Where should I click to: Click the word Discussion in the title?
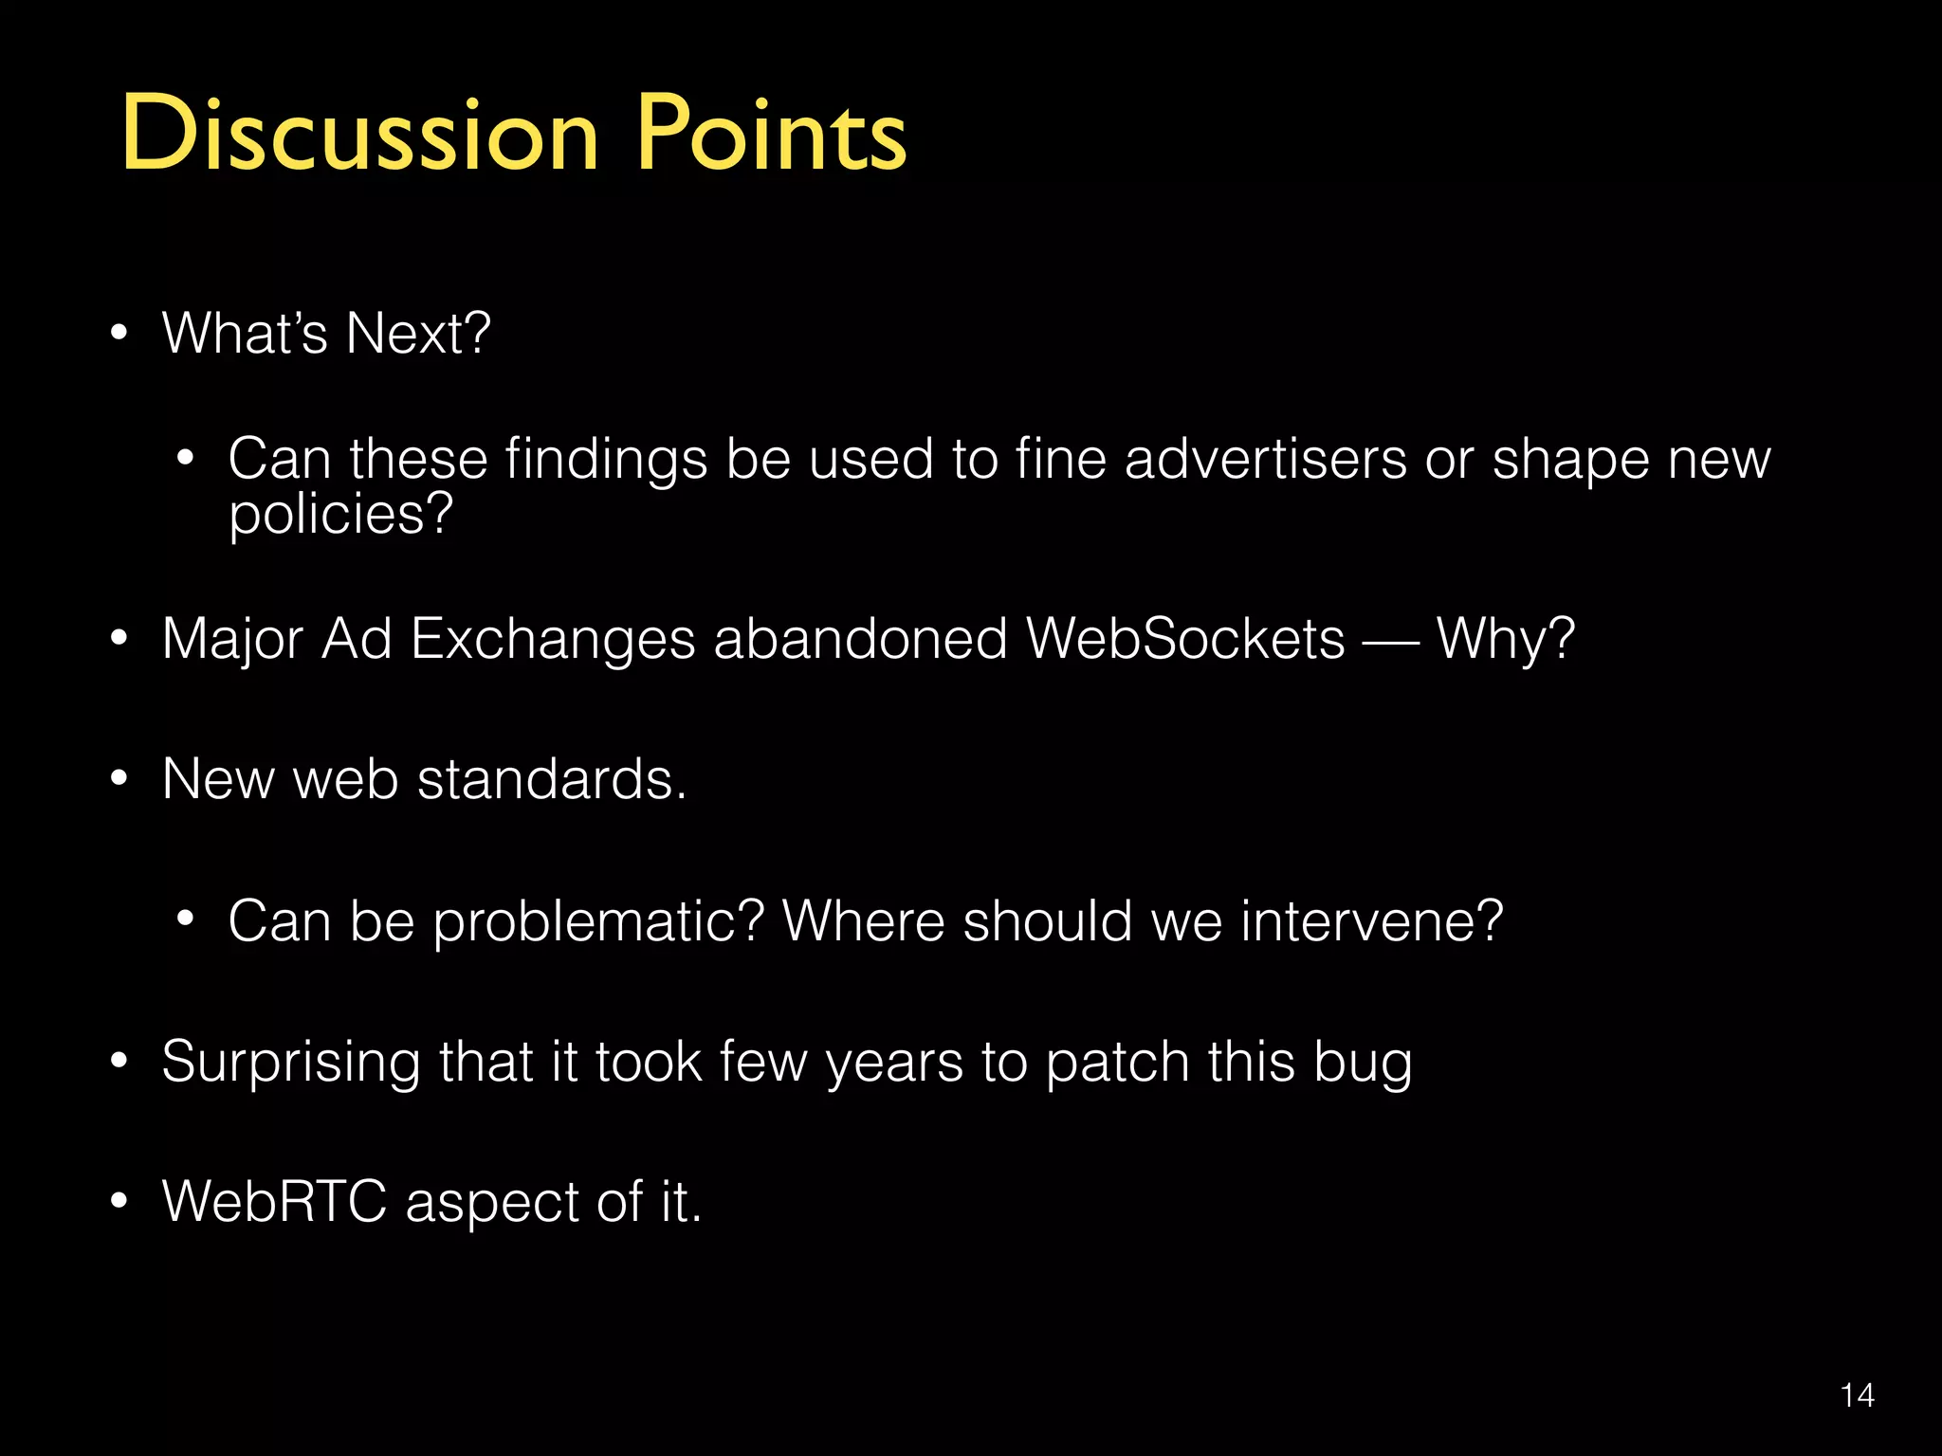point(360,134)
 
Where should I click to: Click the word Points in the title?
point(771,134)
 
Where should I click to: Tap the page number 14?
point(1857,1395)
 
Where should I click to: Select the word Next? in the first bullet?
point(418,334)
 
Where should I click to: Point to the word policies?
point(341,515)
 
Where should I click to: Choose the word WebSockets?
point(1185,639)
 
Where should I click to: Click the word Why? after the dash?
point(1505,639)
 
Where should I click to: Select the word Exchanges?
point(553,639)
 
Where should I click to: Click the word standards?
point(552,779)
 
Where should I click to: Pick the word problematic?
point(598,921)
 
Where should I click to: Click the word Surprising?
point(291,1063)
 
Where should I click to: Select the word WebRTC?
point(274,1202)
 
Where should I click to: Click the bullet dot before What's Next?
point(119,334)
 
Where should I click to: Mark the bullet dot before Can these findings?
point(186,460)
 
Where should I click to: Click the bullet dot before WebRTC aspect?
point(119,1202)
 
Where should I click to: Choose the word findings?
point(606,460)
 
